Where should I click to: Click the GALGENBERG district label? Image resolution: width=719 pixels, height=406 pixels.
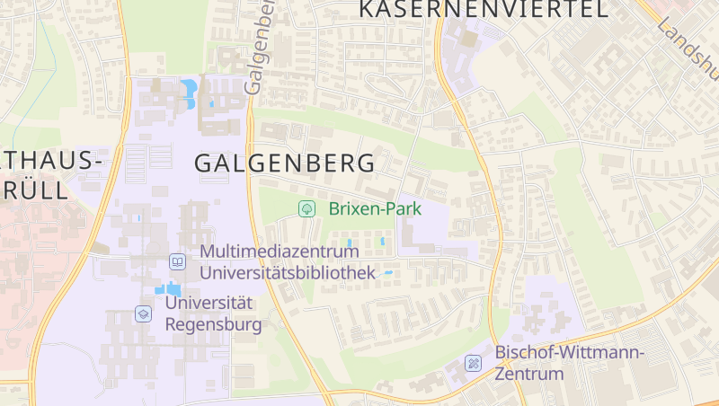coord(284,163)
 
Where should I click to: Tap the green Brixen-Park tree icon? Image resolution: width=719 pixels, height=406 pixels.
coord(307,209)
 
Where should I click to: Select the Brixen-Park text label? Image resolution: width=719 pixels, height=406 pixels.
coord(375,209)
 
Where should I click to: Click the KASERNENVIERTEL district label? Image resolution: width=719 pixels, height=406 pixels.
coord(484,10)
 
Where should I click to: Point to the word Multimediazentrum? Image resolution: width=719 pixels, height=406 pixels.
coord(280,252)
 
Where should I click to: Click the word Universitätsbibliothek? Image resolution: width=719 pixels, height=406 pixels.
coord(288,271)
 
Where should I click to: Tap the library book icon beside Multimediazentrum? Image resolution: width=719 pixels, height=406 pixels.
coord(178,261)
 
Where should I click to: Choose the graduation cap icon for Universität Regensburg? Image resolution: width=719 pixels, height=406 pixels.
coord(143,313)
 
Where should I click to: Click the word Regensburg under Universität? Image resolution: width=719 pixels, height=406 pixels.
coord(214,324)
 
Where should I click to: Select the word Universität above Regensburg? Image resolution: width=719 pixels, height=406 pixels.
coord(209,304)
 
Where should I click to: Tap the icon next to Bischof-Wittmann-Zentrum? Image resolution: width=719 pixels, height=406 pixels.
coord(473,363)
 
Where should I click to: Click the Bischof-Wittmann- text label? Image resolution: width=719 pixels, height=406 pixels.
coord(570,353)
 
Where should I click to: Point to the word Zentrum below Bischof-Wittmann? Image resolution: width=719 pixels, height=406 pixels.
coord(529,374)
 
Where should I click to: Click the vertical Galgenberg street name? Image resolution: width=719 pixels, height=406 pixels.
coord(259,49)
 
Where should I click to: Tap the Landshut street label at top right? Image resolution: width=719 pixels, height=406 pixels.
coord(688,41)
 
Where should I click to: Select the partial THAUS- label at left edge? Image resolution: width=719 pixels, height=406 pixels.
coord(50,162)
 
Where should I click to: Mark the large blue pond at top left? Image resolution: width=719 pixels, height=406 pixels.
coord(189,91)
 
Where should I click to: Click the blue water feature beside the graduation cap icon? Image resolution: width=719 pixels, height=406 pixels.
coord(167,289)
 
